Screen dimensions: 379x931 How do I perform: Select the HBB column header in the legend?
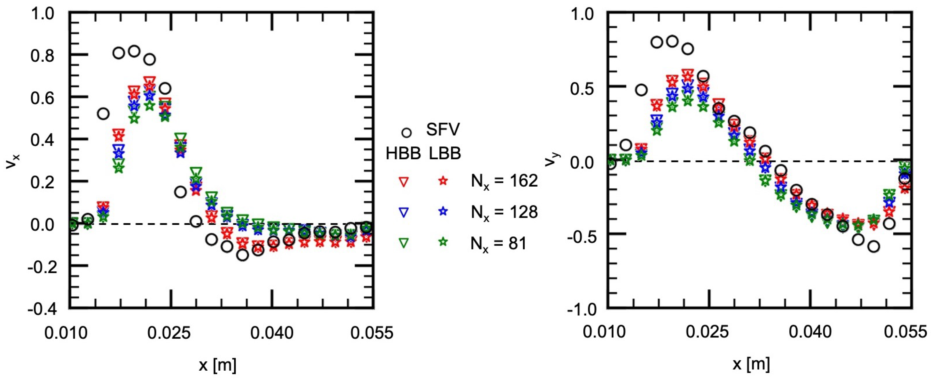[403, 154]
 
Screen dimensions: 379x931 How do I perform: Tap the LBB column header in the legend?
[445, 154]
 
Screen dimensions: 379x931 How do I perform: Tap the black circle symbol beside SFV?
[407, 133]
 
